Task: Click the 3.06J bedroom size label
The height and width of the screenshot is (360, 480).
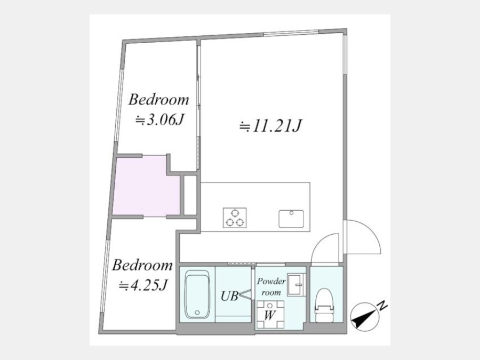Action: tap(159, 121)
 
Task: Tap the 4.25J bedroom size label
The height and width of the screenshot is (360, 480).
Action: tap(143, 286)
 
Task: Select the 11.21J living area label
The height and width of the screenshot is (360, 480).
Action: tap(270, 126)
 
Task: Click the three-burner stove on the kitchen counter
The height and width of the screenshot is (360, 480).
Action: tap(235, 218)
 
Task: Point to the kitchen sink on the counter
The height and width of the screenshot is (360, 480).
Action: tap(291, 219)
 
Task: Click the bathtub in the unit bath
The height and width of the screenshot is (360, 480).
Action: tap(197, 294)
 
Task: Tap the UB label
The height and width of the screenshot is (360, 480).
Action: tap(229, 296)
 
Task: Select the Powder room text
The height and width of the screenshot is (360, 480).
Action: tap(271, 286)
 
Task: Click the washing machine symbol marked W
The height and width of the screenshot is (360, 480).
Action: tap(270, 314)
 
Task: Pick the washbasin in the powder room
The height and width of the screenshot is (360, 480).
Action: tap(295, 285)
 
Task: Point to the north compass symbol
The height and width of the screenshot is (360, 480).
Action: tap(363, 316)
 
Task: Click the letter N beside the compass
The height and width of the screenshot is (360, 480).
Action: tap(382, 306)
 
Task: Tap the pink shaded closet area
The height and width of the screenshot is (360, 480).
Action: tap(146, 187)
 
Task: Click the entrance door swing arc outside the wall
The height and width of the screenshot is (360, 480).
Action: tap(371, 229)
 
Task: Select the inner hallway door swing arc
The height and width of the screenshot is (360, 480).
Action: tap(319, 241)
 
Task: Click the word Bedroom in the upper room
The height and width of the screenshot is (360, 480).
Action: tap(158, 100)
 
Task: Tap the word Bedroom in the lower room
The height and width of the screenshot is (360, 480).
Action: tap(142, 265)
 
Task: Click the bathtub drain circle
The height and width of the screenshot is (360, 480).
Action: tap(197, 313)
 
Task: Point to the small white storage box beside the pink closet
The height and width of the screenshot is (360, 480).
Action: tap(190, 195)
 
